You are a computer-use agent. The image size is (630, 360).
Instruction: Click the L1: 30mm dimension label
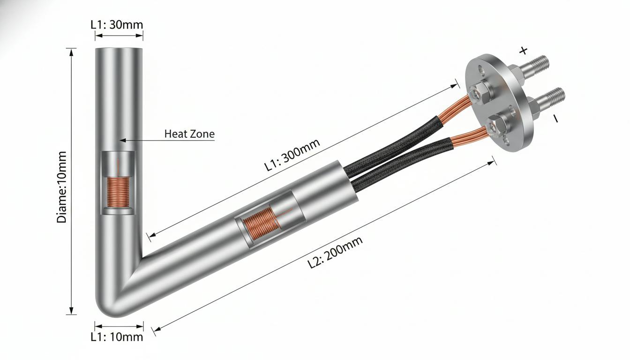click(117, 25)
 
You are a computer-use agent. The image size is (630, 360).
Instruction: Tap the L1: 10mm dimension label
click(117, 337)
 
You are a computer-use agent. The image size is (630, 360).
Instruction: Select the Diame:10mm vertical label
click(61, 187)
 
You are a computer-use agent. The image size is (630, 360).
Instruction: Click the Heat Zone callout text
click(189, 134)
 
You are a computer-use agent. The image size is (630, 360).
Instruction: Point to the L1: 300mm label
click(292, 155)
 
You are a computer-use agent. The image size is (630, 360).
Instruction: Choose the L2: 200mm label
click(335, 253)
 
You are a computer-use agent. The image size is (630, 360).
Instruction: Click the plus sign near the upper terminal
click(523, 51)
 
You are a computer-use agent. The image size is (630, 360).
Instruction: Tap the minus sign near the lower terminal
click(556, 119)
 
